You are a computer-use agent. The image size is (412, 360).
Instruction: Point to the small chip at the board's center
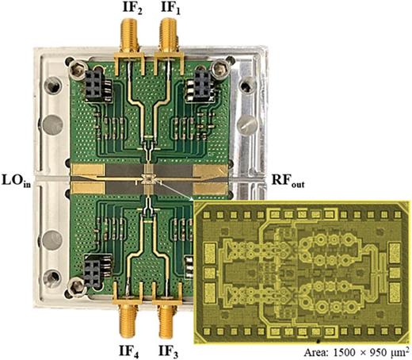pyautogui.click(x=147, y=178)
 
